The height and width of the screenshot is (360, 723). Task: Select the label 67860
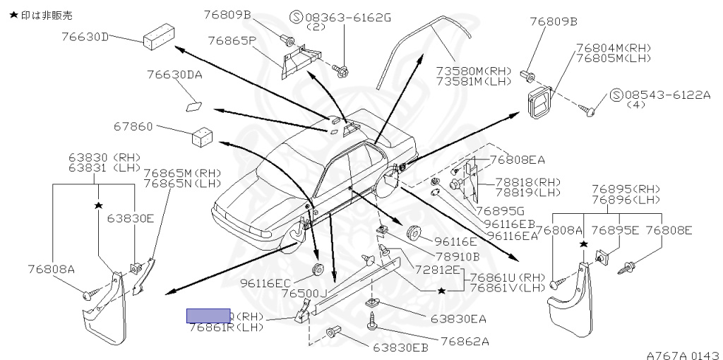tap(133, 127)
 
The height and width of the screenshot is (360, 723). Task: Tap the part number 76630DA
tap(174, 73)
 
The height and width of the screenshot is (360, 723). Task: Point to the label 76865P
tap(231, 40)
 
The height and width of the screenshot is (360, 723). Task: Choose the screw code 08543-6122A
tap(661, 94)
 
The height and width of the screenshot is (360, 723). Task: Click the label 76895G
tap(499, 210)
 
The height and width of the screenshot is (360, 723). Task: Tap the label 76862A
tap(465, 341)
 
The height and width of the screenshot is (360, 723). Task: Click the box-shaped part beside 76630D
tap(159, 39)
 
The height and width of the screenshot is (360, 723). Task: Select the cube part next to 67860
tap(203, 135)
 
